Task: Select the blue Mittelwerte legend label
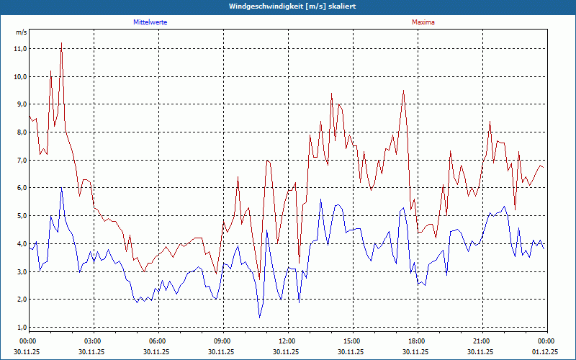point(150,22)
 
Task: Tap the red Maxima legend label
point(423,22)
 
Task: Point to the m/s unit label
point(21,32)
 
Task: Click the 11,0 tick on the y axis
point(21,49)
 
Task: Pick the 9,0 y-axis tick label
point(21,104)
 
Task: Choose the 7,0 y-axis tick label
point(21,160)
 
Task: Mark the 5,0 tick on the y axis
point(21,216)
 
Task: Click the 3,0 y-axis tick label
point(21,271)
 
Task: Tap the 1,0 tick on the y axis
point(21,327)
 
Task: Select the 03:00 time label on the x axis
point(93,341)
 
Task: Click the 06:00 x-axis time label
point(158,341)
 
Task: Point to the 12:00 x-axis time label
point(287,341)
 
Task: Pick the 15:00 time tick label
point(352,341)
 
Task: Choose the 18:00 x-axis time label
point(417,341)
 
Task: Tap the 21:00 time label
point(482,341)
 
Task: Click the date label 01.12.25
point(544,351)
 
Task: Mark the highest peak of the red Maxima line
point(61,44)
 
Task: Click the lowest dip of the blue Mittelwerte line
point(260,317)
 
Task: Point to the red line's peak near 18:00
point(403,91)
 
